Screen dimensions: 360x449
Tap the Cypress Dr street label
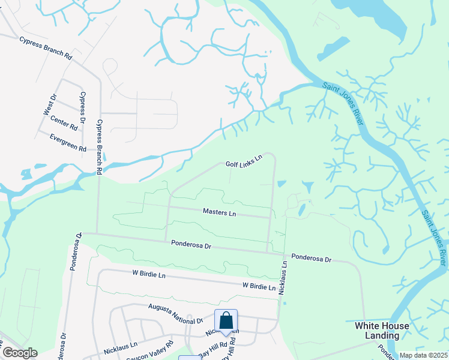pyautogui.click(x=82, y=109)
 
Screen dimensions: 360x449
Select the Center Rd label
pyautogui.click(x=64, y=124)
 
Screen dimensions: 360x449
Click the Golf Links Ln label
pyautogui.click(x=244, y=161)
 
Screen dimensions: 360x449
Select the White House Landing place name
pyautogui.click(x=382, y=331)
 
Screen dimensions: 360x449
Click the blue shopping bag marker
pyautogui.click(x=226, y=320)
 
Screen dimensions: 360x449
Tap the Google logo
pyautogui.click(x=20, y=352)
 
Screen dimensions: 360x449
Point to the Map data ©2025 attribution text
pyautogui.click(x=423, y=355)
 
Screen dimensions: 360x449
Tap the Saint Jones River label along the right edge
pyautogui.click(x=433, y=237)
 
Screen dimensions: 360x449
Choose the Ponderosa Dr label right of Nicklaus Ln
pyautogui.click(x=312, y=258)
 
